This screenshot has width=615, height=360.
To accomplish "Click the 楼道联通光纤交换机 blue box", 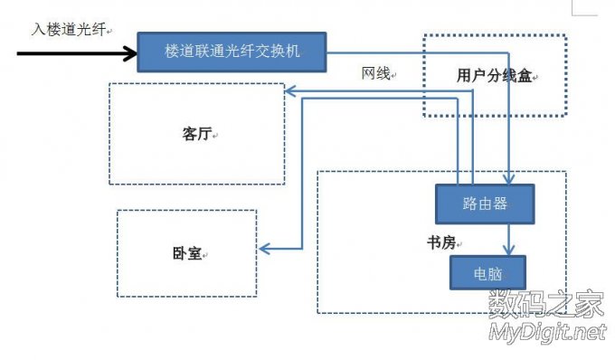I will coord(232,52).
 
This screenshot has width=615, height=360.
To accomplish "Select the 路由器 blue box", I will coord(485,204).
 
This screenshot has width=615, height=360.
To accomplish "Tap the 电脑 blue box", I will coord(487,271).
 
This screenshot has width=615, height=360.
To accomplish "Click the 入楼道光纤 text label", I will coord(67,29).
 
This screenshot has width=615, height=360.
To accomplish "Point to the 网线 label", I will coord(376,74).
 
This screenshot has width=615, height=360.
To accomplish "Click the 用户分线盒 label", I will coord(495,76).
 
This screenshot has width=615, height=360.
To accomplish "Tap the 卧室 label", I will coord(186,254).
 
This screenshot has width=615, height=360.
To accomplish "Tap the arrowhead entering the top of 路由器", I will coord(511,179).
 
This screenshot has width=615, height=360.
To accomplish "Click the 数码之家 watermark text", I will coord(545,307).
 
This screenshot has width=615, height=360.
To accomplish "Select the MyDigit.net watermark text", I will coord(546,334).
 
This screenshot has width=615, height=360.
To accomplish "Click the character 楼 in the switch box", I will coord(172,52).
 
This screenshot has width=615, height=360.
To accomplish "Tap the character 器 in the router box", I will coord(503,204).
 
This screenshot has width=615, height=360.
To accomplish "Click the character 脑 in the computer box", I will coord(497,271).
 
